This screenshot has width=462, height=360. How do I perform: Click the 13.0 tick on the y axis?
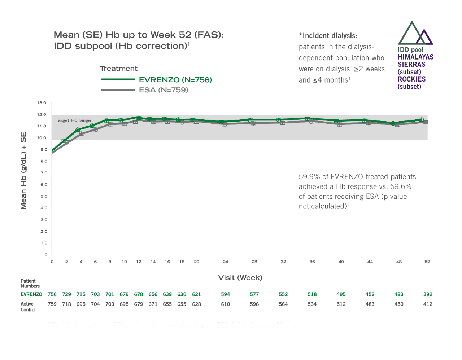click(x=42, y=103)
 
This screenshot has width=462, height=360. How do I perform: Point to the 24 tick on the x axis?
click(x=225, y=262)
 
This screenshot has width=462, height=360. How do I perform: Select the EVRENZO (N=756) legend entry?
click(x=175, y=80)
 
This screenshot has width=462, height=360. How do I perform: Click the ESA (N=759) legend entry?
click(x=164, y=90)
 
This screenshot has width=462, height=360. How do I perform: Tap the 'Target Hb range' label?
click(x=73, y=120)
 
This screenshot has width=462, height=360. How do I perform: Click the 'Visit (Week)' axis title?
click(x=240, y=277)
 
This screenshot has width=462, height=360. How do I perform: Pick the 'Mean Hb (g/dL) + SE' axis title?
click(x=24, y=171)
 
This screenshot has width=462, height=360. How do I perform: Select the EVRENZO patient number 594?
click(x=225, y=294)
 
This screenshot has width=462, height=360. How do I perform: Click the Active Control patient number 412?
click(x=428, y=304)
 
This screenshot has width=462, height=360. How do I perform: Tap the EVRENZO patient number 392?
click(x=428, y=294)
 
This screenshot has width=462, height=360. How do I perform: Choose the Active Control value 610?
click(x=225, y=304)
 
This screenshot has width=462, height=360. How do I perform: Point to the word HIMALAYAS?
click(x=415, y=57)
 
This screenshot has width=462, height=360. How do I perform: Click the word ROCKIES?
click(x=411, y=79)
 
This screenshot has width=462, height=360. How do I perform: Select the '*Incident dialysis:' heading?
click(x=328, y=36)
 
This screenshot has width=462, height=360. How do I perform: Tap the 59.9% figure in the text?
click(x=309, y=177)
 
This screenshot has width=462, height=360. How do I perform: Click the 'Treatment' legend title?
click(x=118, y=69)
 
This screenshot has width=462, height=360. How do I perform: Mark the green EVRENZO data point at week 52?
click(x=421, y=120)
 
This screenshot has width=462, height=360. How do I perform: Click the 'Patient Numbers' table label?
click(x=30, y=284)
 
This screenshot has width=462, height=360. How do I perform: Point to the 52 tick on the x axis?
click(x=427, y=262)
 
